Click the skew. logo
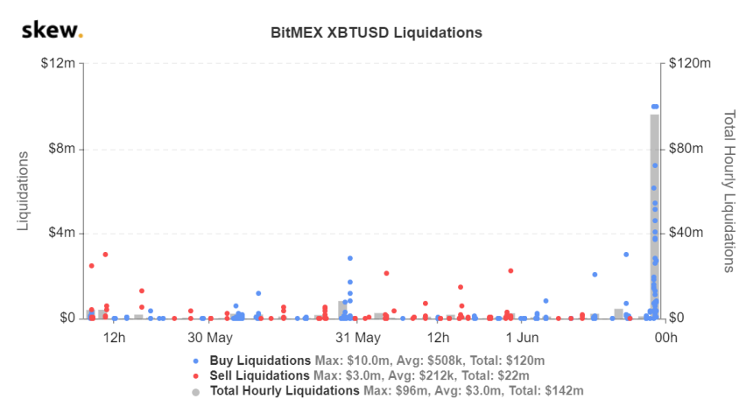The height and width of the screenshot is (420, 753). [52, 32]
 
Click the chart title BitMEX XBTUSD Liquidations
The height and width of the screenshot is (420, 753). [376, 33]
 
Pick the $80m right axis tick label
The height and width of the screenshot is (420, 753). [687, 149]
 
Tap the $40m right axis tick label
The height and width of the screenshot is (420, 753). [687, 234]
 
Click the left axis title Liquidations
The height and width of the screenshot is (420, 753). [25, 191]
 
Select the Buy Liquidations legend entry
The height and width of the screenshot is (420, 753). [261, 360]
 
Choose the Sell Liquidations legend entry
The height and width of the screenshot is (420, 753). [260, 375]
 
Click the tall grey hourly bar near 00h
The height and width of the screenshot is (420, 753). [654, 219]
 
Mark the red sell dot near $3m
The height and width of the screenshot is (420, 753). [105, 255]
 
